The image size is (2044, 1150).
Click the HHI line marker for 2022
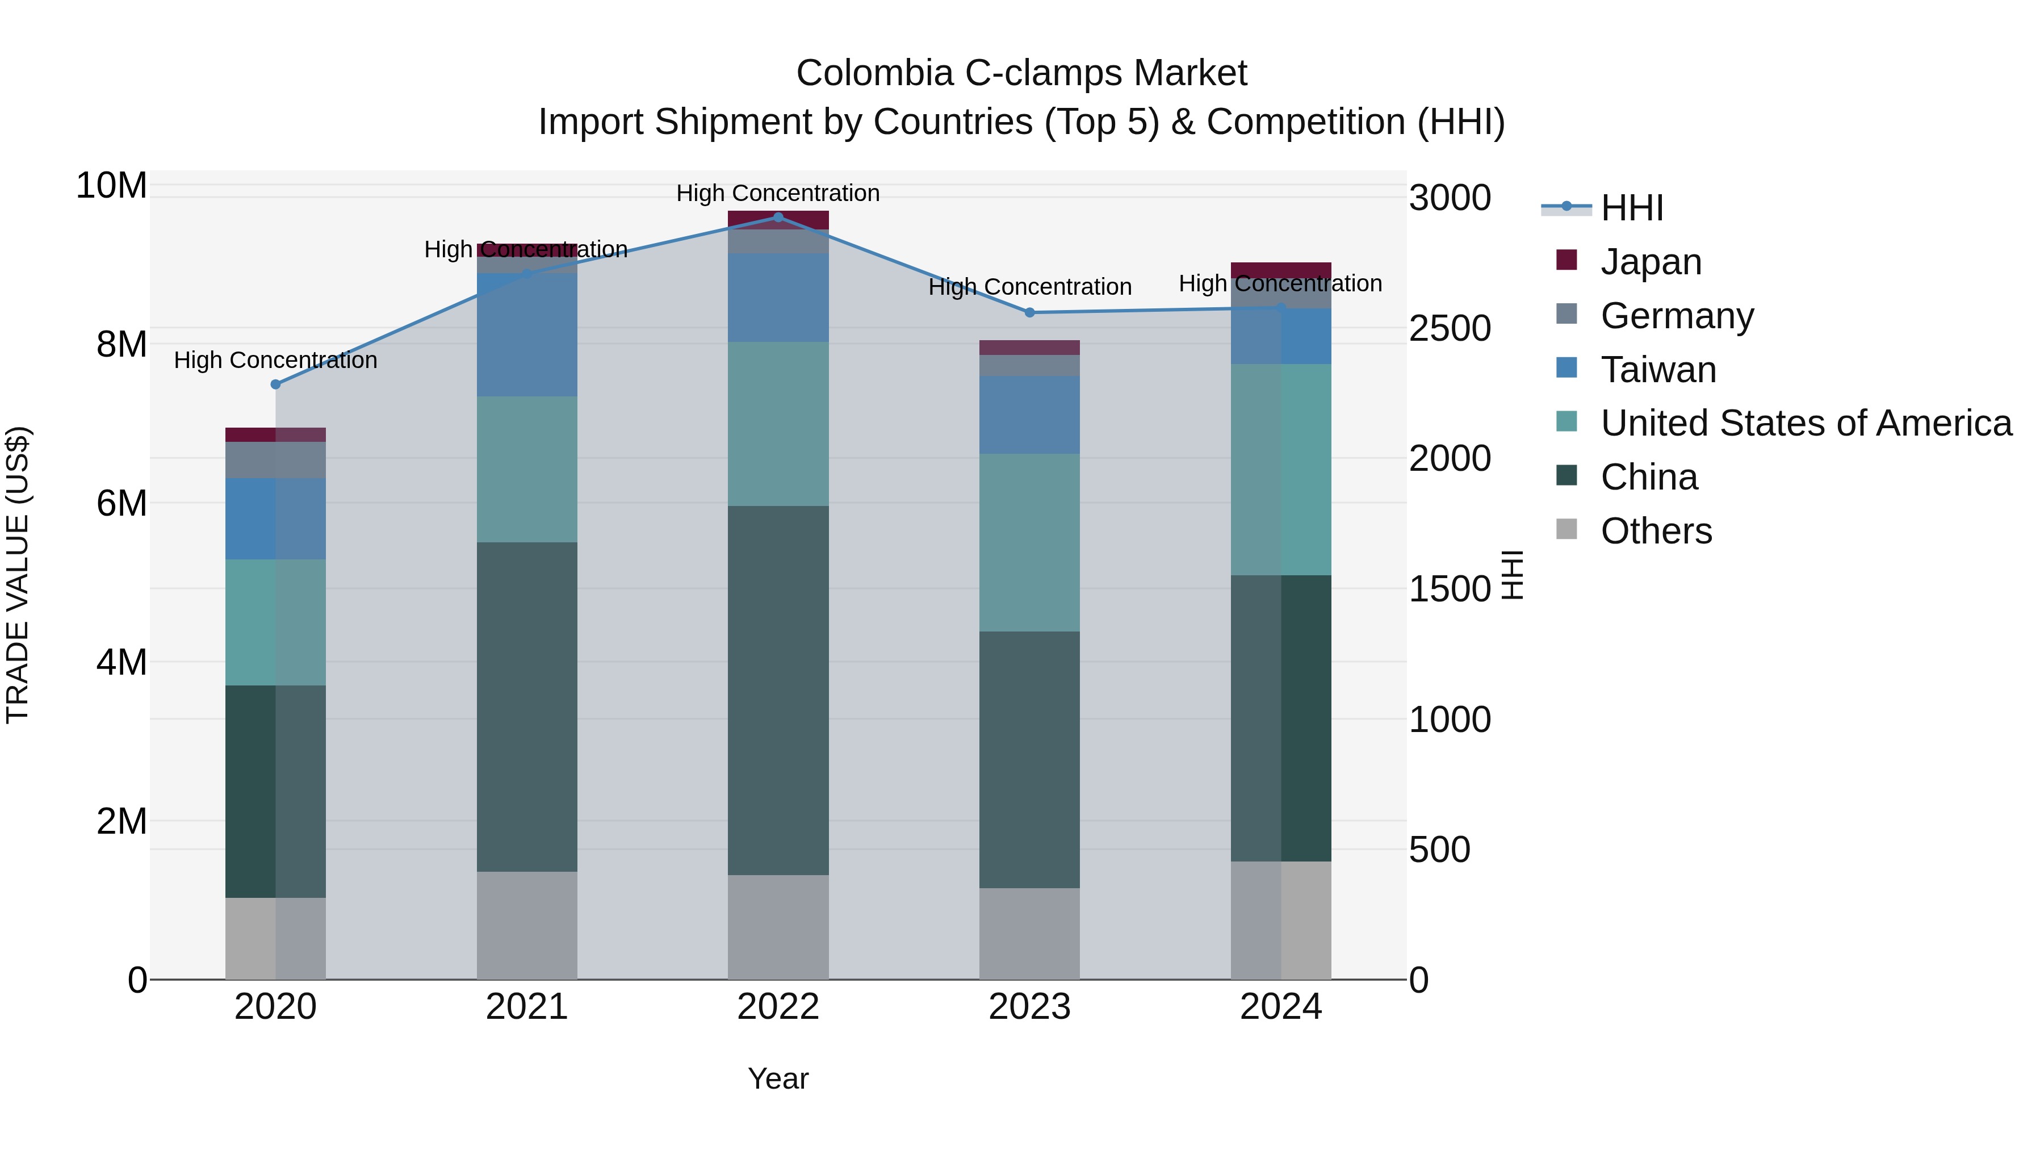coord(778,218)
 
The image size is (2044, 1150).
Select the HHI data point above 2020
coord(275,384)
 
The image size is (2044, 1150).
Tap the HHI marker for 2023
coord(1030,313)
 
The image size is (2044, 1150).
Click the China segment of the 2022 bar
coord(778,691)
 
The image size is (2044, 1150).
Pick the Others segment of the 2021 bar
coord(527,926)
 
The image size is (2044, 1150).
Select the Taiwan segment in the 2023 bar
coord(1029,415)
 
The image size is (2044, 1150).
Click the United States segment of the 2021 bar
coord(527,469)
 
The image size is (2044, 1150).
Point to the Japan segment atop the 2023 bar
coord(1029,348)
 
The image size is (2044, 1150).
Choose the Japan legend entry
coord(1651,262)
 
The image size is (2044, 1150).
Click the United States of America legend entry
coord(1805,423)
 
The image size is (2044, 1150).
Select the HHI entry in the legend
coord(1631,208)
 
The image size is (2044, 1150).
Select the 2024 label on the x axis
coord(1281,1007)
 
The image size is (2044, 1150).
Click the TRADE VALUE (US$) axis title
coord(18,575)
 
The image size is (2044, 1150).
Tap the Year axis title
coord(778,1078)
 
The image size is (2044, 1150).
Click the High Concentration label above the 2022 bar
coord(778,193)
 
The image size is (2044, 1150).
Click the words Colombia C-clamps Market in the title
coord(1021,73)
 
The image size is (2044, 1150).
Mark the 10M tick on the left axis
coord(111,186)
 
